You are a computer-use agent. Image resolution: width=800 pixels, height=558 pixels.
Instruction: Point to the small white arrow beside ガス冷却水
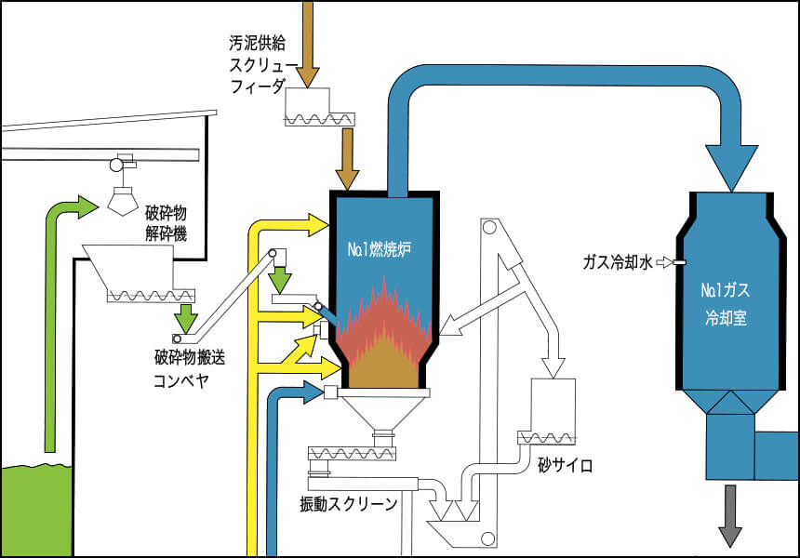click(x=663, y=263)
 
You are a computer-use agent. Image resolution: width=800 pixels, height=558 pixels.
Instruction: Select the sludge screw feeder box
click(x=321, y=107)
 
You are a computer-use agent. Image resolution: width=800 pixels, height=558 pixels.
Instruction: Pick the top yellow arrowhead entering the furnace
click(x=317, y=223)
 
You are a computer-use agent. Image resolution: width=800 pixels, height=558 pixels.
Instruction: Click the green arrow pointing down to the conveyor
click(x=187, y=317)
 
